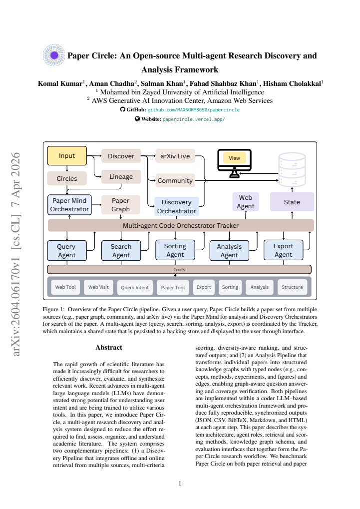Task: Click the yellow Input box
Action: (67, 156)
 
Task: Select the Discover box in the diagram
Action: (121, 156)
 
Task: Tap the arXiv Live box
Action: (175, 156)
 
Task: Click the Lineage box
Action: (121, 177)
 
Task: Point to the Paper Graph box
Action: (121, 205)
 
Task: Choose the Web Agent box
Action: (246, 202)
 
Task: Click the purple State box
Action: (292, 202)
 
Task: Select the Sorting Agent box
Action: (175, 250)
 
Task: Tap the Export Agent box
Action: (284, 250)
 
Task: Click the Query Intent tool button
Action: (135, 288)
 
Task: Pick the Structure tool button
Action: (292, 287)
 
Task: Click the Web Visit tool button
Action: (99, 287)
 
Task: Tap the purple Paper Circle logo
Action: (54, 55)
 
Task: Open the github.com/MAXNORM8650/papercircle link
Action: (193, 110)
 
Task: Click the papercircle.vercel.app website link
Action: (194, 119)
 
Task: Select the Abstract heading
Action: (109, 347)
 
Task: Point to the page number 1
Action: (180, 484)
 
